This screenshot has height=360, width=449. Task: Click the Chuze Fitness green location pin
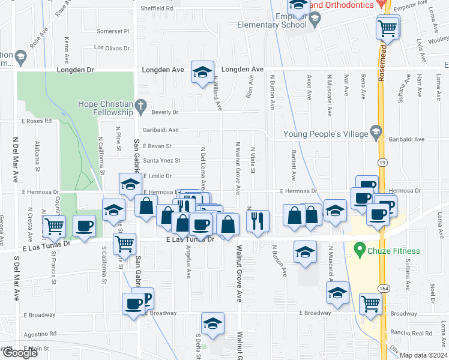point(360,247)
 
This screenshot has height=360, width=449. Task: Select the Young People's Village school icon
point(376,131)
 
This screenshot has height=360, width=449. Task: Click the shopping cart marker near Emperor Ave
point(388,26)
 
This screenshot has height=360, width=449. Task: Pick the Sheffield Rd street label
point(157,9)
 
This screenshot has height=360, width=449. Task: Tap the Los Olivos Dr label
point(113,47)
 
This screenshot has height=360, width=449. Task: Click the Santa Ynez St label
point(161,161)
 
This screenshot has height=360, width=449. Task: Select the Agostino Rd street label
point(40,333)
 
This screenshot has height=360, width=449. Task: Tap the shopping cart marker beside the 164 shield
point(371,304)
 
